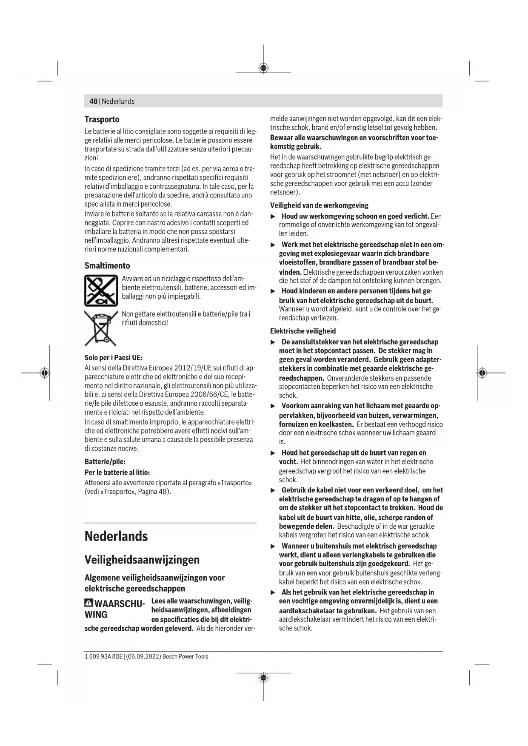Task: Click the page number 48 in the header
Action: click(93, 101)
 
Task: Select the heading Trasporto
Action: click(102, 120)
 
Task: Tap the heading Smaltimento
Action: click(107, 266)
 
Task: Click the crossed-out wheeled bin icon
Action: click(101, 328)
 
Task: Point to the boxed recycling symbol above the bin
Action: click(101, 290)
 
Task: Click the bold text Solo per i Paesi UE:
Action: click(113, 358)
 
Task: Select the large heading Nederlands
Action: click(116, 536)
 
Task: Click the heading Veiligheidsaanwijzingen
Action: click(142, 560)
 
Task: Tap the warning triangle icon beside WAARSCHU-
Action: click(88, 603)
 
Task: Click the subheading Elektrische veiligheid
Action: click(303, 331)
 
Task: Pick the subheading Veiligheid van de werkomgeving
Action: click(319, 205)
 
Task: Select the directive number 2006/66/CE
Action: click(208, 394)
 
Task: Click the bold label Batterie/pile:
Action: click(105, 461)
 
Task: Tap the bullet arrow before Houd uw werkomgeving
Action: click(273, 216)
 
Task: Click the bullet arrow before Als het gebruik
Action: click(273, 592)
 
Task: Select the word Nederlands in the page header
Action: click(118, 101)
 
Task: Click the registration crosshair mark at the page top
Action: click(263, 68)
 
